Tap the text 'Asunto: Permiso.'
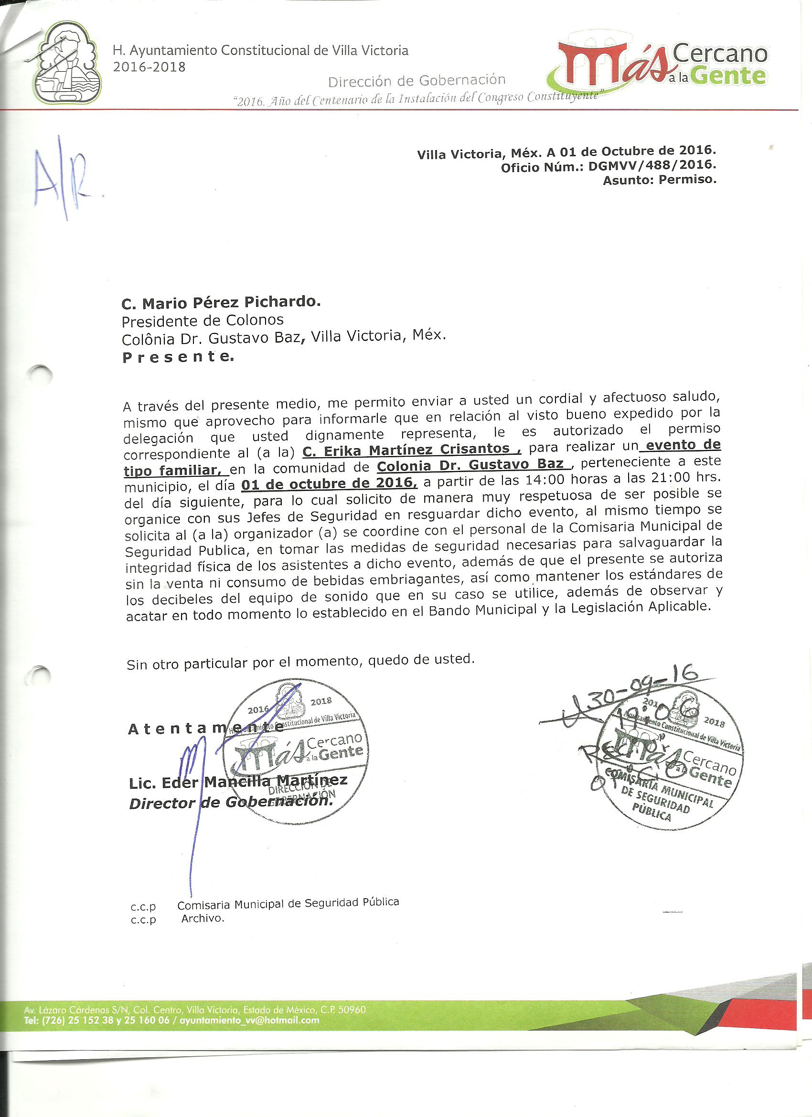pos(659,180)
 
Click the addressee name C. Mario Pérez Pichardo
pos(221,302)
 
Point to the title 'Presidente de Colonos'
pos(203,321)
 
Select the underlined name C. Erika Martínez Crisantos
pos(407,449)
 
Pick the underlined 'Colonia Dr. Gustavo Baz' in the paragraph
pos(471,465)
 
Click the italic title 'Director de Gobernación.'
pos(230,802)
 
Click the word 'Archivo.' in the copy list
pos(203,919)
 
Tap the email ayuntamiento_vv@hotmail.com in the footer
pos(250,1020)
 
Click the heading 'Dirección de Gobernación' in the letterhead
pos(417,80)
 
